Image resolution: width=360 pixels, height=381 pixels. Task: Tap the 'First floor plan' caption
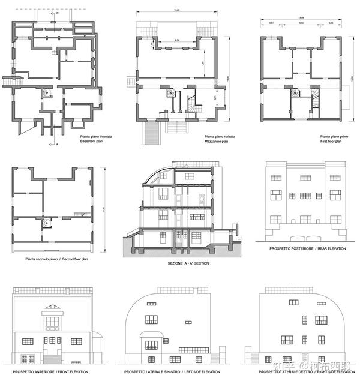pyautogui.click(x=333, y=142)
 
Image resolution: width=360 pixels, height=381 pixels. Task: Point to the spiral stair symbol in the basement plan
pyautogui.click(x=45, y=94)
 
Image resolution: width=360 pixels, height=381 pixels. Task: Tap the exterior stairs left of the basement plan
pyautogui.click(x=8, y=80)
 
